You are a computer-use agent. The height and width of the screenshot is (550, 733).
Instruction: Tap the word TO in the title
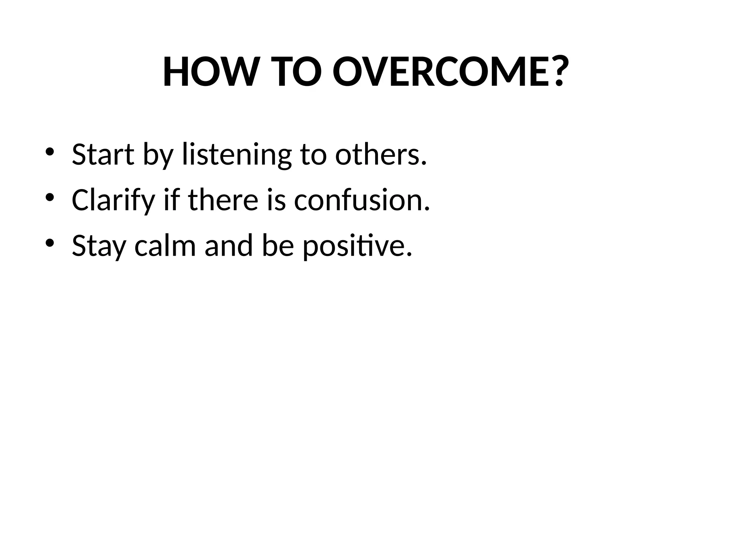pos(296,72)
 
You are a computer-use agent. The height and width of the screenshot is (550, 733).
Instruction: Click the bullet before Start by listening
pos(49,152)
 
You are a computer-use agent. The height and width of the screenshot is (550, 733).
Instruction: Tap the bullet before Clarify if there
pos(49,197)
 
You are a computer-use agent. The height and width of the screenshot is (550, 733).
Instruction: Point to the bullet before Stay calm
pos(49,243)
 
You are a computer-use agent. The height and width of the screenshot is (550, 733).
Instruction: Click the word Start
pos(103,155)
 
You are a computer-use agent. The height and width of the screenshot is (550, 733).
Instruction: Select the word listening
pos(237,155)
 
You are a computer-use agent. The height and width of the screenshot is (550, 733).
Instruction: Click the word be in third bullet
pos(278,246)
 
